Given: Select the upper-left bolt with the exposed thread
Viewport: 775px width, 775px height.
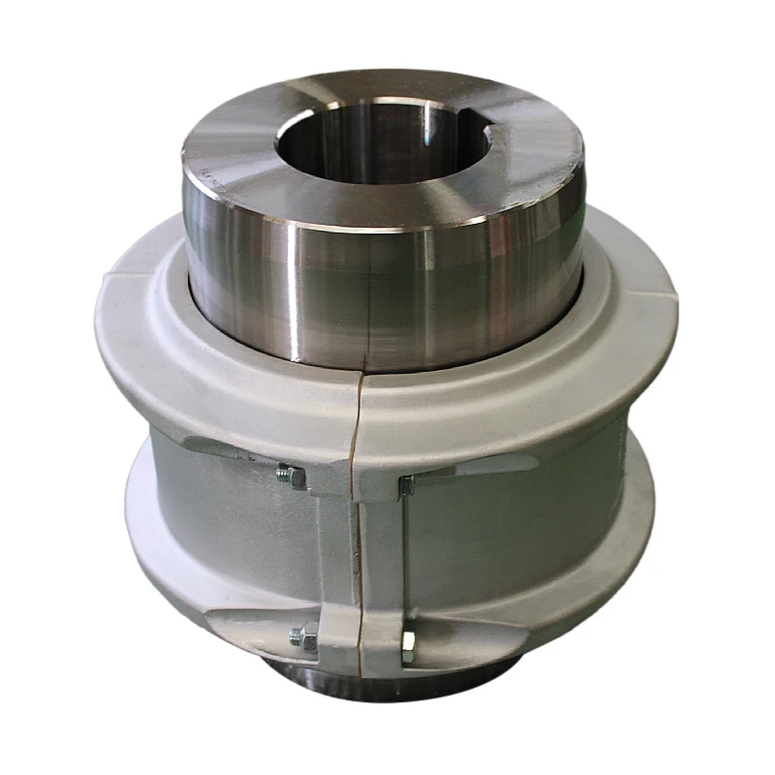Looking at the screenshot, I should click(289, 475).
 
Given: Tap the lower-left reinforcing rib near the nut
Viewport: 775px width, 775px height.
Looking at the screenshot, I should click(252, 620).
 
